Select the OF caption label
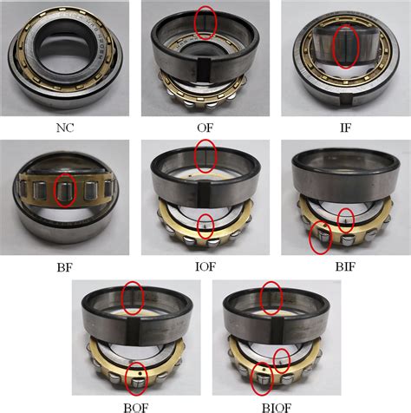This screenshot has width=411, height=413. pyautogui.click(x=205, y=128)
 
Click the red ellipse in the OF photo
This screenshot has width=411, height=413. pyautogui.click(x=205, y=23)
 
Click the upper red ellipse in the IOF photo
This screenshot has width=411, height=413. pyautogui.click(x=205, y=156)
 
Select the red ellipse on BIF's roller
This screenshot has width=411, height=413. pyautogui.click(x=321, y=236)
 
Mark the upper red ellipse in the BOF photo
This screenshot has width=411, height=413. pyautogui.click(x=132, y=297)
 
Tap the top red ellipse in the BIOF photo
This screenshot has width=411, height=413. pyautogui.click(x=271, y=297)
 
